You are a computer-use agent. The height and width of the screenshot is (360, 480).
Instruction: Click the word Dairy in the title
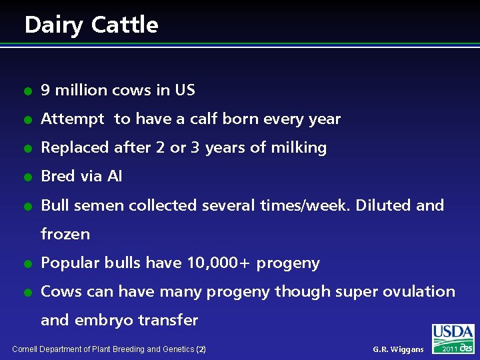tap(53, 25)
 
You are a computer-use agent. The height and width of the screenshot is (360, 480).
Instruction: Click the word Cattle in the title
tap(125, 25)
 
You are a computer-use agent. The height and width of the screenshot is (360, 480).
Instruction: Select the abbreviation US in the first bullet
tap(185, 90)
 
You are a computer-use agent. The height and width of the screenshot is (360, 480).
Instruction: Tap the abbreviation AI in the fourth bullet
tap(114, 176)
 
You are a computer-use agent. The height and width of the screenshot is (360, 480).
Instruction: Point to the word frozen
tap(65, 234)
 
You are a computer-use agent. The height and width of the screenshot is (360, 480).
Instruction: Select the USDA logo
tap(453, 333)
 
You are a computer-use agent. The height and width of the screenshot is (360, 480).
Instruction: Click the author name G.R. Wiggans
tap(398, 349)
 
